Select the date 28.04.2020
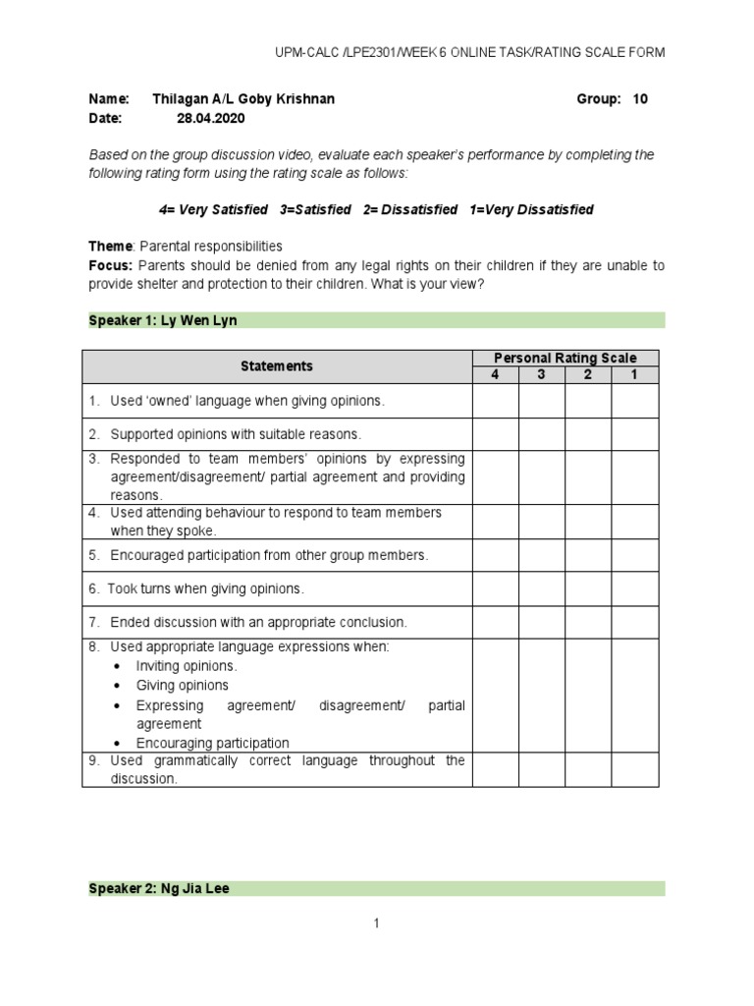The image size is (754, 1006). pyautogui.click(x=210, y=118)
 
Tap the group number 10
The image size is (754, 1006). pyautogui.click(x=640, y=99)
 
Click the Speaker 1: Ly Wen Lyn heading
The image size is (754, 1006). pyautogui.click(x=164, y=320)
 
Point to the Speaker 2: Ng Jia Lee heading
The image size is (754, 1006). pyautogui.click(x=160, y=888)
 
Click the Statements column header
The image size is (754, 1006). pyautogui.click(x=277, y=366)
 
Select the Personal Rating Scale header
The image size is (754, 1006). pyautogui.click(x=565, y=359)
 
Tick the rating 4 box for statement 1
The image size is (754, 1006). pyautogui.click(x=495, y=401)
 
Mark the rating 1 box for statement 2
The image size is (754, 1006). pyautogui.click(x=634, y=434)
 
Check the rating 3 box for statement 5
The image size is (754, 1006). pyautogui.click(x=541, y=555)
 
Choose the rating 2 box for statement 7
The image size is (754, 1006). pyautogui.click(x=588, y=622)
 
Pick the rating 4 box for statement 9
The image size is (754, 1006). pyautogui.click(x=495, y=770)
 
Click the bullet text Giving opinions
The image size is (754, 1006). pyautogui.click(x=182, y=685)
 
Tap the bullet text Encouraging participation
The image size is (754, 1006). pyautogui.click(x=212, y=743)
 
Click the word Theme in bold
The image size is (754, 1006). pyautogui.click(x=109, y=247)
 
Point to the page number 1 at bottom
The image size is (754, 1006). pyautogui.click(x=376, y=923)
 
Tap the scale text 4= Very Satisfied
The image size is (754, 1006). pyautogui.click(x=213, y=210)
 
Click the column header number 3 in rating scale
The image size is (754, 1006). pyautogui.click(x=541, y=374)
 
